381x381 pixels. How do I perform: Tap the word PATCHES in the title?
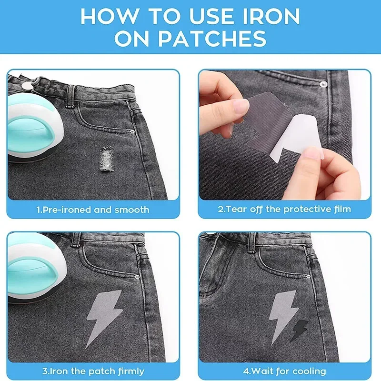point(212,39)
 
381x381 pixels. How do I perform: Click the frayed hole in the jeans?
point(106,159)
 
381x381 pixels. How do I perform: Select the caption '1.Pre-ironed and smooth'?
point(93,210)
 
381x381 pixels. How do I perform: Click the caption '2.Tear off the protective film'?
point(284,209)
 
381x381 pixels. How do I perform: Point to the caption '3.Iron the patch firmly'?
point(93,371)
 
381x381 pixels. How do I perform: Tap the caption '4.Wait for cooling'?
point(284,371)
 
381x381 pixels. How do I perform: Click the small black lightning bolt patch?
point(300,331)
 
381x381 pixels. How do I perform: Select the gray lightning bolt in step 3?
point(104,316)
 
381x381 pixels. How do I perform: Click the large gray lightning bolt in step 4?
point(283,316)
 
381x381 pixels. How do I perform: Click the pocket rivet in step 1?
point(132,131)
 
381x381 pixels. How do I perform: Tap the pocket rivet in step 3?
point(136,277)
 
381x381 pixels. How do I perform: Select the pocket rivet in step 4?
point(308,276)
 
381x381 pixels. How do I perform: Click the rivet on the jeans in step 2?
point(323,84)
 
